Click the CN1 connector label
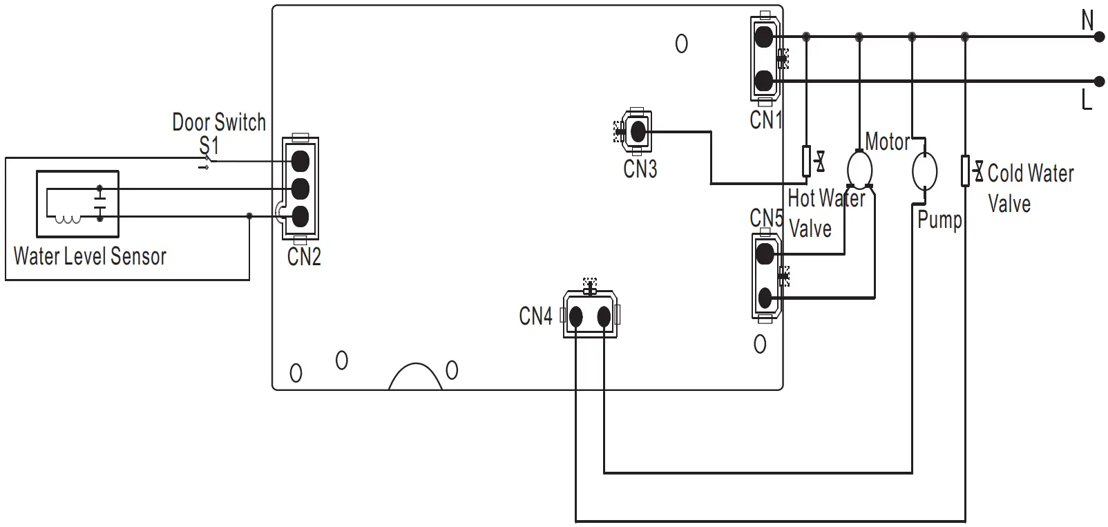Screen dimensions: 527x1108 click(765, 120)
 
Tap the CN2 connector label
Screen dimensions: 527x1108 click(304, 257)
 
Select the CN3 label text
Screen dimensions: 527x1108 click(640, 169)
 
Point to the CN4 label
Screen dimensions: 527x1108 click(535, 316)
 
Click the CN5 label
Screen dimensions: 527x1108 click(766, 218)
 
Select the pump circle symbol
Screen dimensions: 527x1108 click(924, 171)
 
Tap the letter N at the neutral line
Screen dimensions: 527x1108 click(1087, 20)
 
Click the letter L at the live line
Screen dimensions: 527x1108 click(1087, 100)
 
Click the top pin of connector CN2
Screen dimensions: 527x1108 click(300, 161)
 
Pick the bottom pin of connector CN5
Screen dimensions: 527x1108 click(765, 298)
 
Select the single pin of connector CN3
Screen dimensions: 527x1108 click(638, 131)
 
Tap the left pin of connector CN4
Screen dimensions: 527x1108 click(575, 317)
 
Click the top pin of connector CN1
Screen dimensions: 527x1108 click(763, 37)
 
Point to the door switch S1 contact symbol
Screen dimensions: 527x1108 click(207, 164)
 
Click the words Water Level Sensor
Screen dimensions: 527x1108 click(90, 256)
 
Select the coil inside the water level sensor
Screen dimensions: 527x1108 click(67, 220)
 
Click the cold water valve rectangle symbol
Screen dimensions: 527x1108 click(965, 171)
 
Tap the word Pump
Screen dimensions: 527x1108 click(939, 220)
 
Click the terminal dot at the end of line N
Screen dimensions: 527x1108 click(1100, 37)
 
